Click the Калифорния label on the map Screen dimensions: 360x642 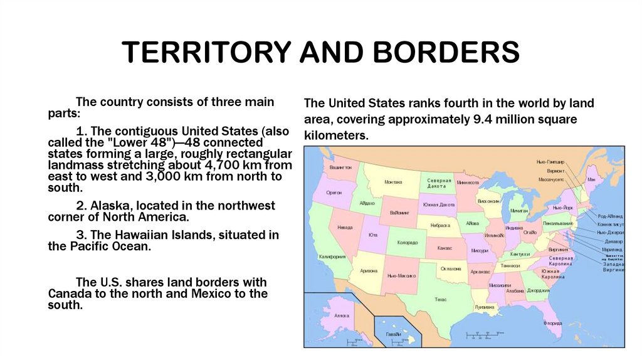[x=332, y=257]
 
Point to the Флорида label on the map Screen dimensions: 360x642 [x=552, y=323]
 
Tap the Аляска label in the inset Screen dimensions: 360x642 [x=342, y=315]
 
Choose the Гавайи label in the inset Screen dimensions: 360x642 [x=394, y=334]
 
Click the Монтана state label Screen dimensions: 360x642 [x=393, y=182]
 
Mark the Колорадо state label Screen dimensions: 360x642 [x=408, y=242]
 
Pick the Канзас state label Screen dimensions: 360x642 [x=445, y=248]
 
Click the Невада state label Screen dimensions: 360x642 [x=344, y=227]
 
